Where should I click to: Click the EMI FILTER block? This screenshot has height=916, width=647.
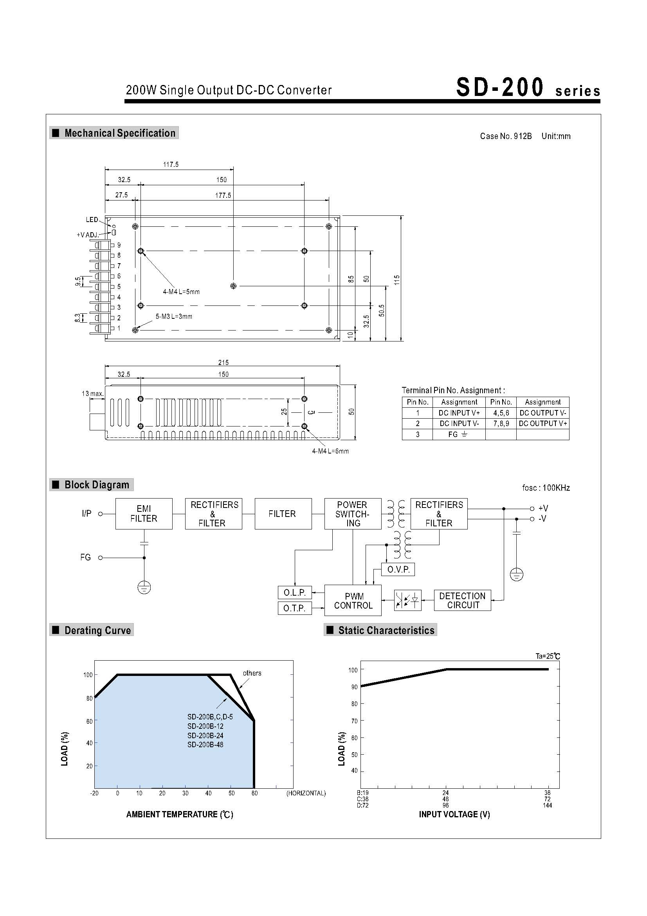[x=144, y=513]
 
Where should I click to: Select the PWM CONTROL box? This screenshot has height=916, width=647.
[x=353, y=600]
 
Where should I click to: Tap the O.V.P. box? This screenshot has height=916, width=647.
[x=398, y=569]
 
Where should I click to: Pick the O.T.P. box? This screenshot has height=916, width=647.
[x=294, y=608]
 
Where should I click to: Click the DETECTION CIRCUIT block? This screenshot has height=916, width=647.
[x=462, y=600]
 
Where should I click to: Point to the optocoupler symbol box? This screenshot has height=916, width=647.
[x=407, y=600]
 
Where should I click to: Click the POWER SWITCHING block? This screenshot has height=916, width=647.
[x=352, y=513]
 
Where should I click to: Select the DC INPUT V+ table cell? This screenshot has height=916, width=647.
[x=459, y=413]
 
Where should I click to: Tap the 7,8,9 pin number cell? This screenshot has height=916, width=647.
[x=501, y=424]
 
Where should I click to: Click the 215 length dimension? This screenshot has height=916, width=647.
[x=223, y=362]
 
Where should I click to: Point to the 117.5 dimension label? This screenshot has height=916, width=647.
[x=171, y=164]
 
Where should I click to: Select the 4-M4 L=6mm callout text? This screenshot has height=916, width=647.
[x=330, y=451]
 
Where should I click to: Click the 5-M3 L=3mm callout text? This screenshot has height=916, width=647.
[x=174, y=316]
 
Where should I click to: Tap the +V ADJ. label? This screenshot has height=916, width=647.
[x=88, y=235]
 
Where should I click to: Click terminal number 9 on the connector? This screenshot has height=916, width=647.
[x=119, y=245]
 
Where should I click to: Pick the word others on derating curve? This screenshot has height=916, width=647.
[x=252, y=673]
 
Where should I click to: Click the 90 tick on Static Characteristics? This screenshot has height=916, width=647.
[x=354, y=687]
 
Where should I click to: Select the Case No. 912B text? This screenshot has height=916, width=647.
[x=505, y=136]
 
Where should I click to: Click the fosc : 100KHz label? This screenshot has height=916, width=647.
[x=546, y=488]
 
